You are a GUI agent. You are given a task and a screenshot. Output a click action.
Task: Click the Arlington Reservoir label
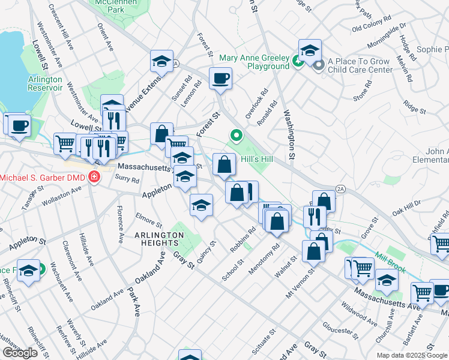pos(45,83)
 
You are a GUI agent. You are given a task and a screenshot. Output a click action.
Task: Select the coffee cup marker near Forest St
pos(220,78)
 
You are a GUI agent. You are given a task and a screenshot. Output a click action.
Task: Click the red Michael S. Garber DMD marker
pos(94,177)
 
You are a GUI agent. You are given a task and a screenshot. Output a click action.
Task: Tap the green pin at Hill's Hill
pos(236,137)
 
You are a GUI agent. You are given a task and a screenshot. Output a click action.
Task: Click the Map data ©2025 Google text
pos(412,355)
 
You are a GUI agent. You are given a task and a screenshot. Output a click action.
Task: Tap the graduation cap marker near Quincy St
pos(201,205)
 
